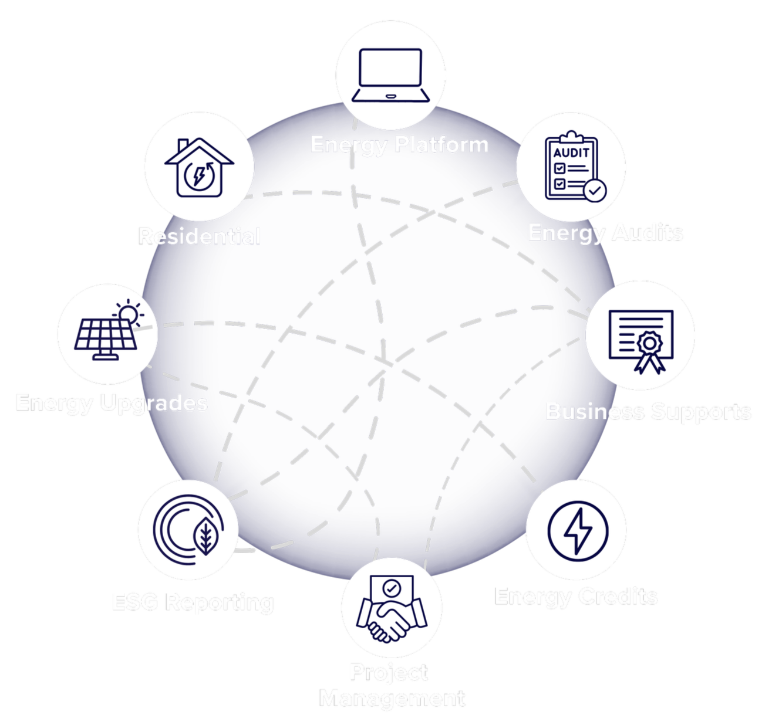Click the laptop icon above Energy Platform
[x=390, y=75]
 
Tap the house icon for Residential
[x=199, y=168]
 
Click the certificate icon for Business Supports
[x=640, y=338]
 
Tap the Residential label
[x=199, y=236]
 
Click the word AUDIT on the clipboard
[x=571, y=153]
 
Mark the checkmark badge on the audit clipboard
[x=595, y=191]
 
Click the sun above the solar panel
[x=129, y=313]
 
